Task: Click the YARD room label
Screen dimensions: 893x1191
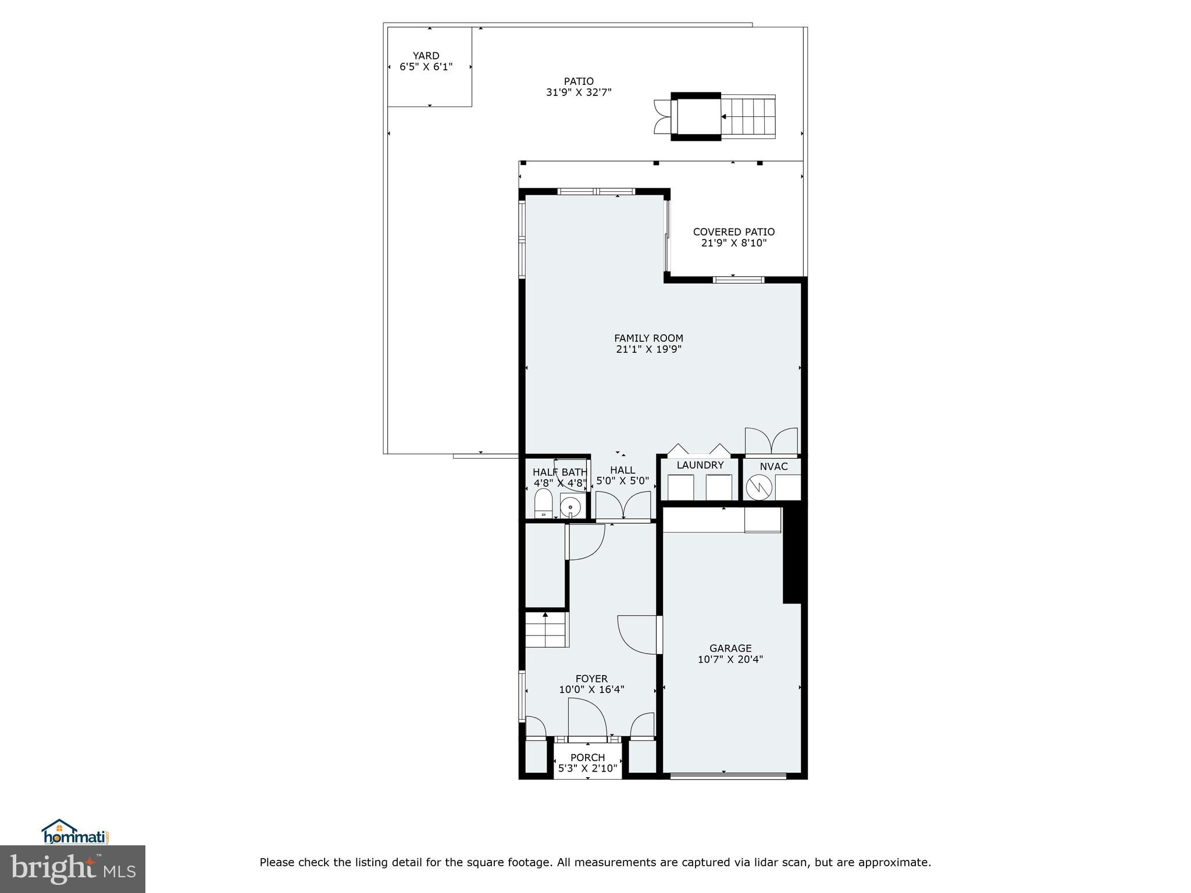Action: coord(426,56)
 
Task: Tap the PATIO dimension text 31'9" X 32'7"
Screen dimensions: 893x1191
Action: coord(579,92)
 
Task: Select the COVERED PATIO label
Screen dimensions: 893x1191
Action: coord(733,232)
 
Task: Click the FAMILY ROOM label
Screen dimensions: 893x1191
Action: coord(648,338)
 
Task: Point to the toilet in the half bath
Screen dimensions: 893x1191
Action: coord(543,503)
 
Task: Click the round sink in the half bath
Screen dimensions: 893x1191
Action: coord(570,507)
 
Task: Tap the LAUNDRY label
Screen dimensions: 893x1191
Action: coord(700,465)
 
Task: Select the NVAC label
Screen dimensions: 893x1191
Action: coord(773,466)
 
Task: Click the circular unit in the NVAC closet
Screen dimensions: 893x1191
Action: coord(758,487)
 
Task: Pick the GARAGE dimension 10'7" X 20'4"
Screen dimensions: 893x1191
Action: coord(730,659)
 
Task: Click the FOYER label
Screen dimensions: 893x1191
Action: coord(591,678)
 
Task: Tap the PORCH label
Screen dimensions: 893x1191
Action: coord(587,758)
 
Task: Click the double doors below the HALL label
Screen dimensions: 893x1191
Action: coord(623,505)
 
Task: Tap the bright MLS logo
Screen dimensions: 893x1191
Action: coord(73,870)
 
